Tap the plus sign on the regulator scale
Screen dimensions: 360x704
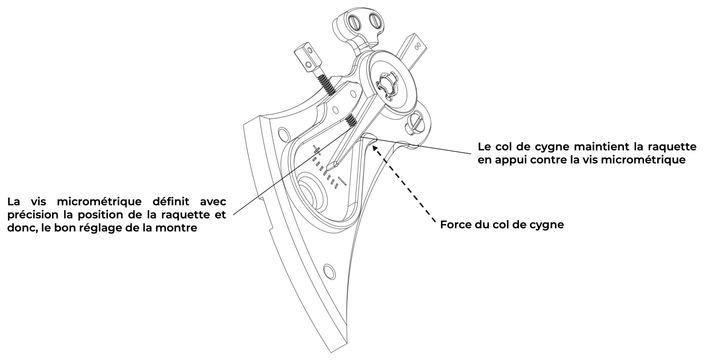coord(317,149)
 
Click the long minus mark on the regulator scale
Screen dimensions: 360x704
coord(343,180)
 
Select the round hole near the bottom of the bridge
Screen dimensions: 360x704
coord(329,272)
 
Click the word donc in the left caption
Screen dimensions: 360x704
coord(19,228)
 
